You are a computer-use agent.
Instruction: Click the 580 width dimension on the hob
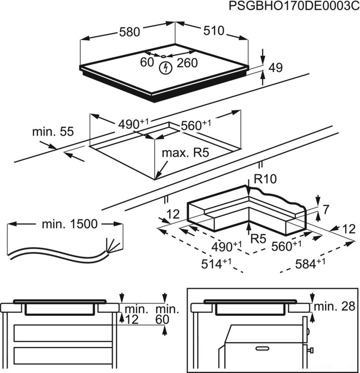tap(129, 32)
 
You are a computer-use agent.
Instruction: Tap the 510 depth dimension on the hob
tap(213, 31)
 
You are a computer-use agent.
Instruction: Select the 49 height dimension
tap(275, 68)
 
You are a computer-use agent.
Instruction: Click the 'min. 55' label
tap(53, 132)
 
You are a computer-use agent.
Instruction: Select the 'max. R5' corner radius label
tap(185, 153)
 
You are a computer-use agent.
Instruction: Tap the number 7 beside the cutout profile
tap(325, 210)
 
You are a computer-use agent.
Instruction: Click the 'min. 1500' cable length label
tap(70, 224)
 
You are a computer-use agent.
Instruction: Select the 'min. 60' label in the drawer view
tap(167, 314)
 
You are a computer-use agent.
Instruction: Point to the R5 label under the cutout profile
tap(258, 239)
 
